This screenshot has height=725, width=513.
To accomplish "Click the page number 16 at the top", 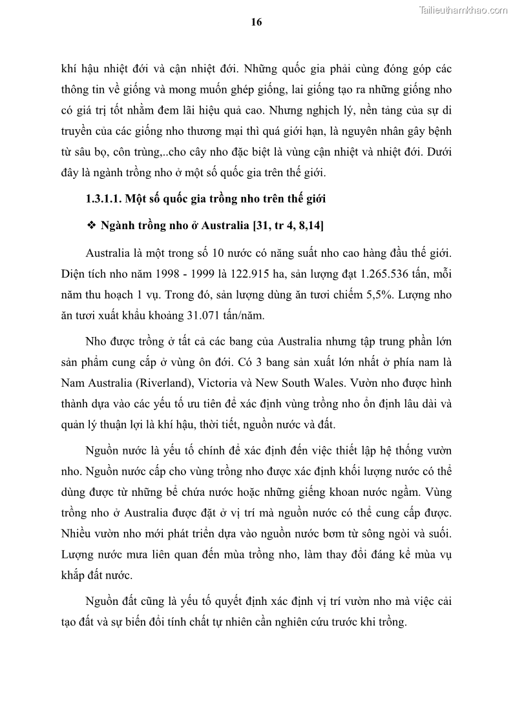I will [x=256, y=22].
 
